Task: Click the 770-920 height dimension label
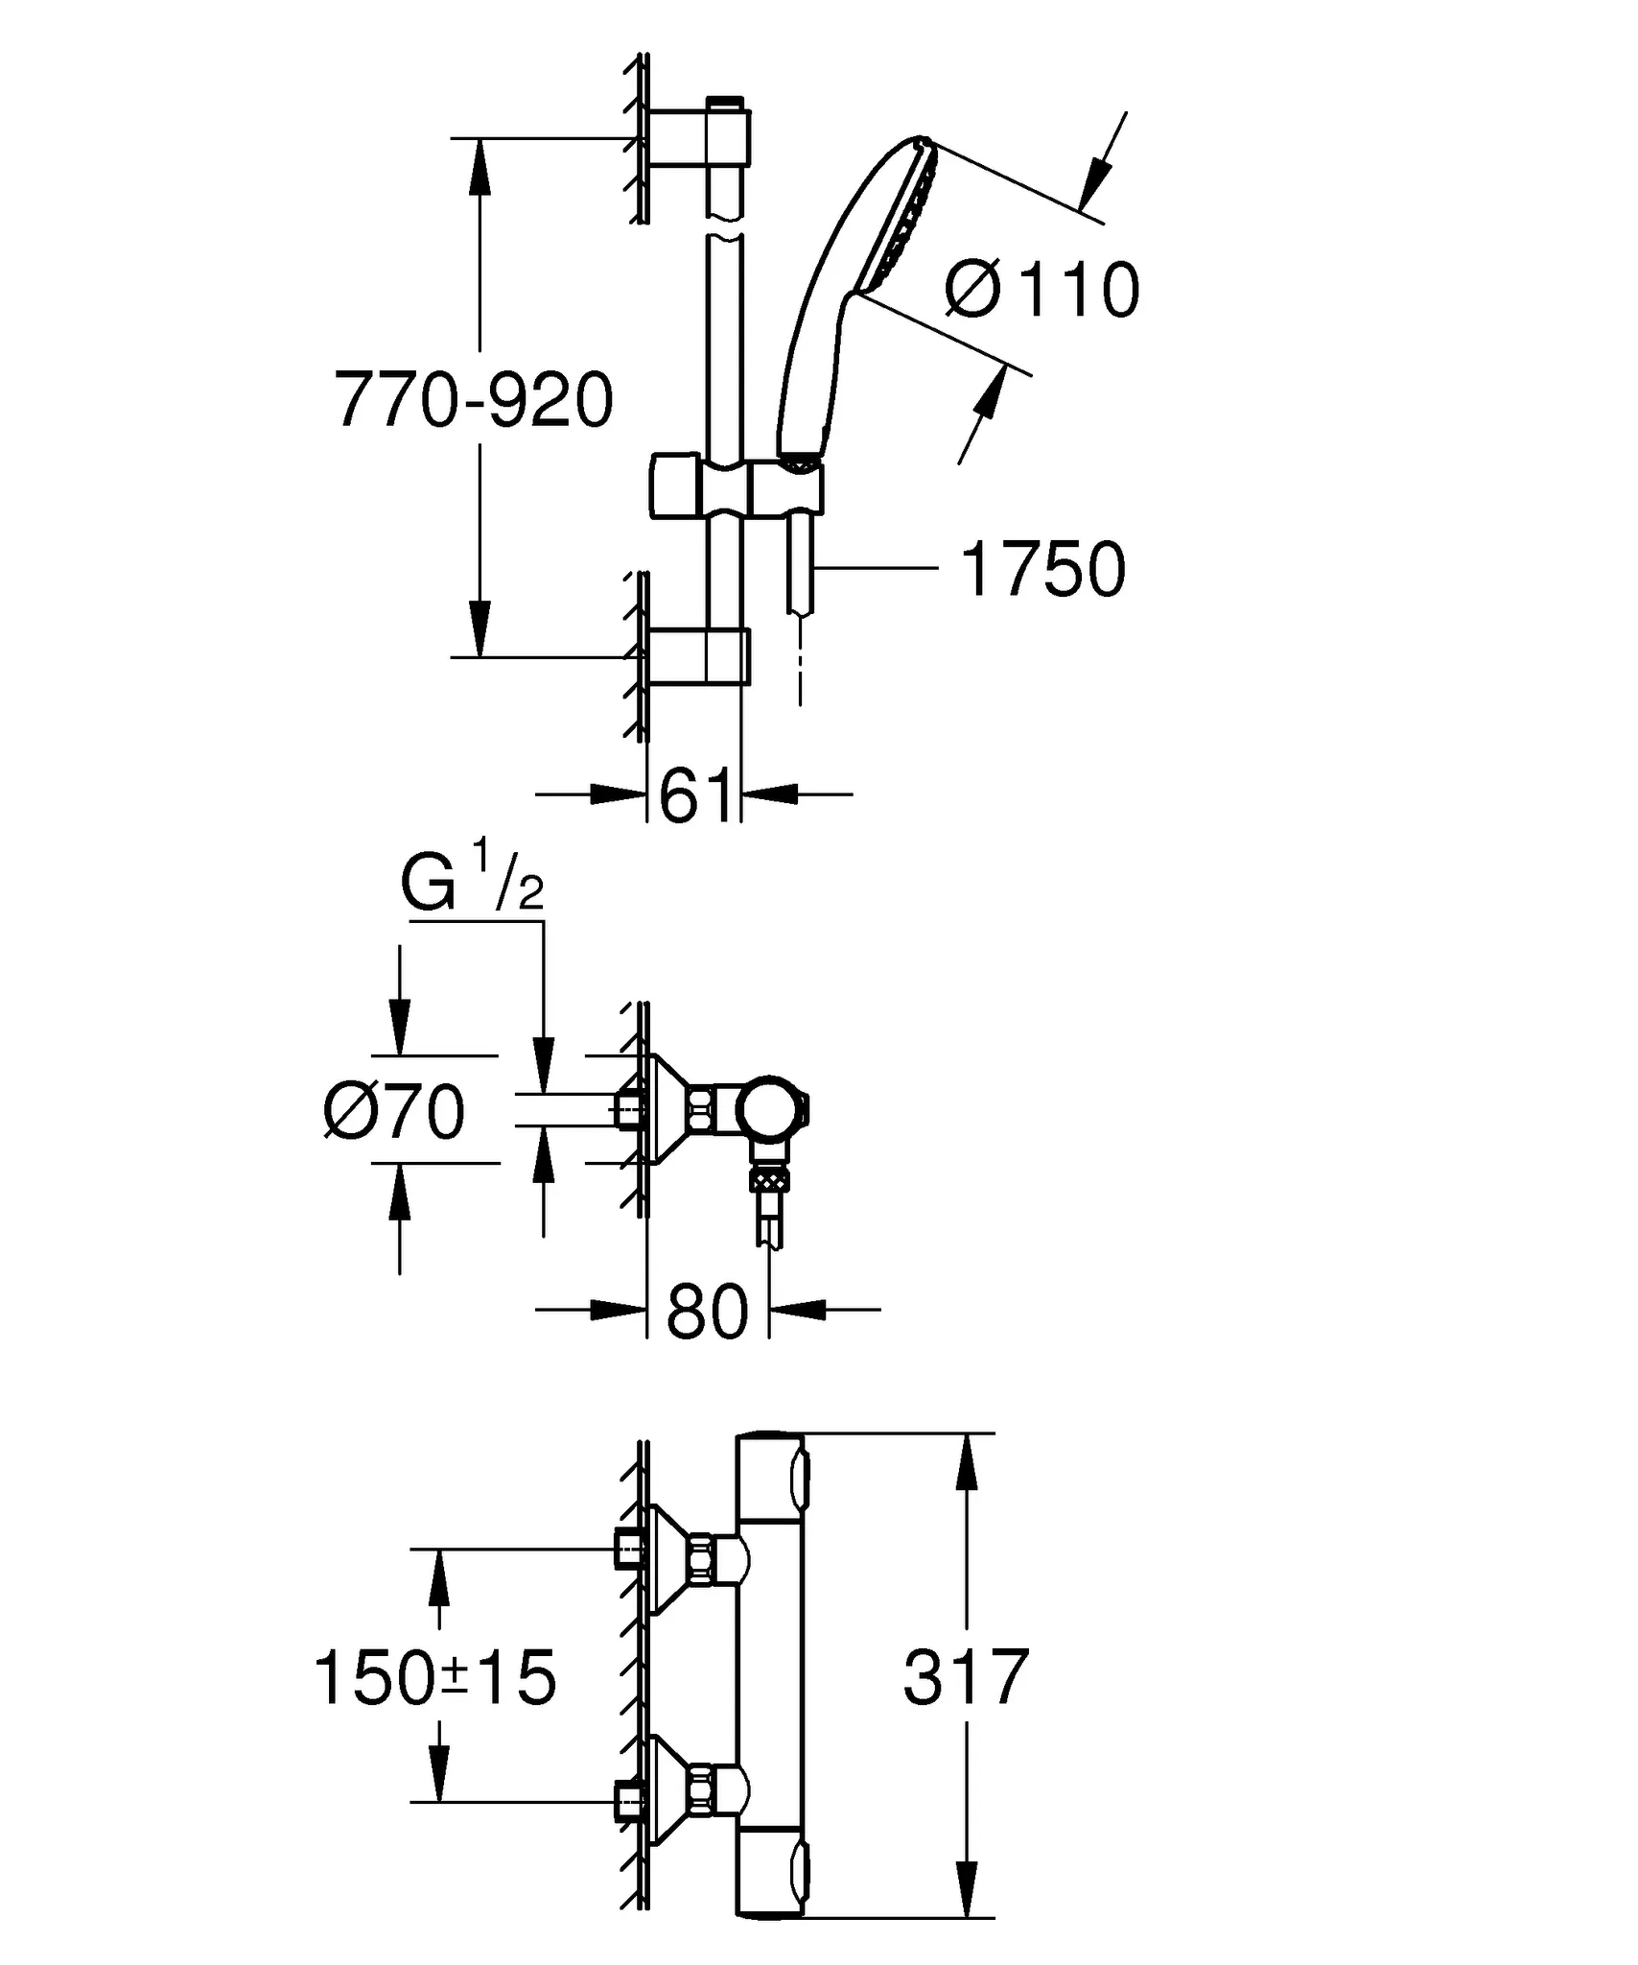tap(474, 399)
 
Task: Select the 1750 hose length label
tap(1042, 569)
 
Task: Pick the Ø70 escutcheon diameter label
tap(395, 1112)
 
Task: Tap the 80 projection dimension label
tap(707, 1312)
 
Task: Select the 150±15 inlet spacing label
tap(435, 1678)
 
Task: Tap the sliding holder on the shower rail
tap(737, 487)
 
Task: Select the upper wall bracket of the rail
tap(698, 141)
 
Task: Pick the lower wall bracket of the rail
tap(698, 657)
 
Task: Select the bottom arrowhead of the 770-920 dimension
tap(480, 627)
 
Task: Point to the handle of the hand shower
tap(815, 374)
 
